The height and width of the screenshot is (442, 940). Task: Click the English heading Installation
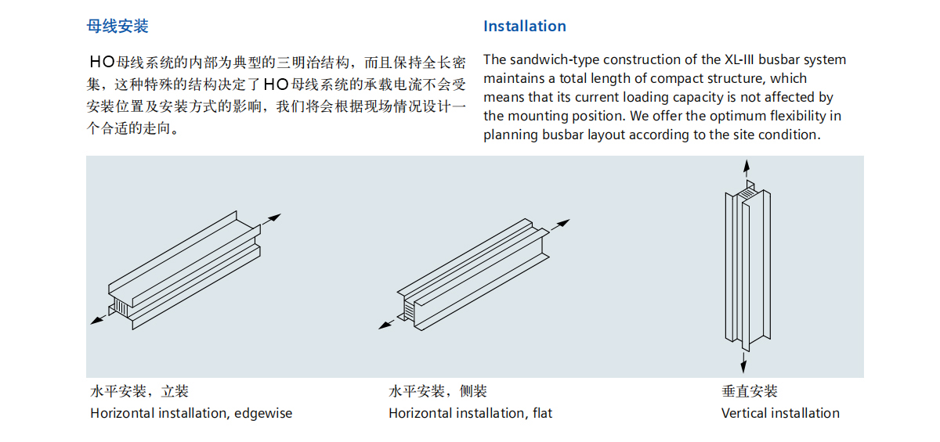[524, 27]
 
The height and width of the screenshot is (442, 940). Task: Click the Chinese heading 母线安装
[117, 27]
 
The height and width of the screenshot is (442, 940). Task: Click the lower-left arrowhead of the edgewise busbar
[95, 319]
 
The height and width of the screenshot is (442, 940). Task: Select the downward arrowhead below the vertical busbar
[744, 365]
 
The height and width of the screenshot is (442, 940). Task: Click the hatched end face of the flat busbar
[408, 312]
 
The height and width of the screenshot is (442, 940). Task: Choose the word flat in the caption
[542, 413]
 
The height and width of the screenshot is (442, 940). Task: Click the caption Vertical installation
[780, 413]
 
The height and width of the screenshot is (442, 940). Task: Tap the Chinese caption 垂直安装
[750, 391]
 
